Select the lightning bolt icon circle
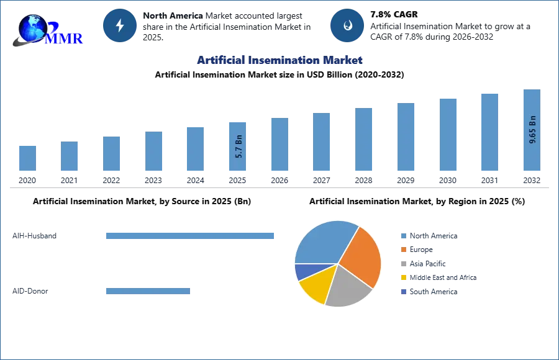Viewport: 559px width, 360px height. tap(120, 25)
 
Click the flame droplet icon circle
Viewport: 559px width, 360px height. tap(347, 25)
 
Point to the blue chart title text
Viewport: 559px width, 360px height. tap(278, 60)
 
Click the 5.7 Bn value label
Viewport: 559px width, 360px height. tap(239, 146)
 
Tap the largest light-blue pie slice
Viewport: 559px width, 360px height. tap(323, 242)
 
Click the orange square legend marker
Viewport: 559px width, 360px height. tap(402, 250)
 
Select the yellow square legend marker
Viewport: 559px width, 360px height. tap(402, 278)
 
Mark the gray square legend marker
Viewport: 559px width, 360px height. tap(402, 264)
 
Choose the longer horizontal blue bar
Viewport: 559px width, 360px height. tap(190, 236)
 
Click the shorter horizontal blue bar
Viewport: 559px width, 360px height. tap(148, 292)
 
